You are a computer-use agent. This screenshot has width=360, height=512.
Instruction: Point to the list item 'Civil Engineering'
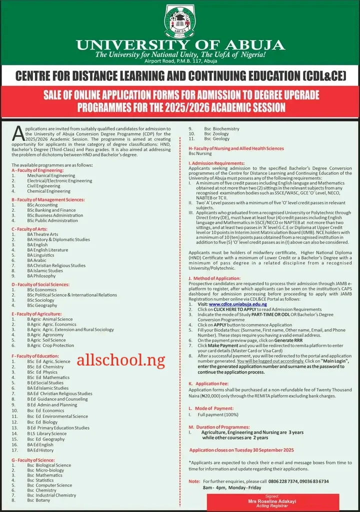[43, 186]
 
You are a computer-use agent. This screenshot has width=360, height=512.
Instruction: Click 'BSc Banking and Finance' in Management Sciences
[51, 210]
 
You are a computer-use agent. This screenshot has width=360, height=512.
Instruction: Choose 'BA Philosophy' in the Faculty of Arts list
[41, 276]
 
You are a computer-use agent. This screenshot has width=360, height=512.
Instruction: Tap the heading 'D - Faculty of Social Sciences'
[47, 284]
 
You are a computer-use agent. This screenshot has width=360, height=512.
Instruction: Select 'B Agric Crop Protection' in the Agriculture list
[50, 345]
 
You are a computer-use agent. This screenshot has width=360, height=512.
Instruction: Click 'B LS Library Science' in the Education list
[47, 434]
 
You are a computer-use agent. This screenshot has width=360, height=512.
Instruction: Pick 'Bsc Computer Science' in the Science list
[49, 485]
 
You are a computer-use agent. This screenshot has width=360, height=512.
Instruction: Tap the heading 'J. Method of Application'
[214, 278]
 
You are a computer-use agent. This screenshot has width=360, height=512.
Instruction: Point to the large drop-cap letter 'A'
[17, 133]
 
